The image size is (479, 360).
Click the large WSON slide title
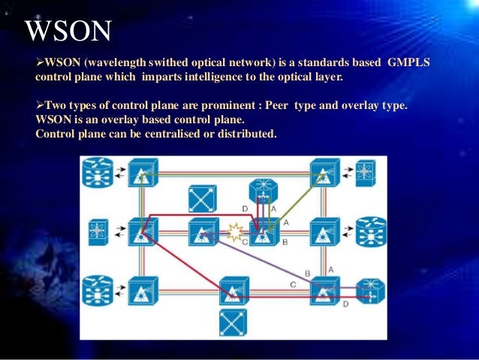point(68,31)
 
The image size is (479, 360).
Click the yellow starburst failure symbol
point(236,231)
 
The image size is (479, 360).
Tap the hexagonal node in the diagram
point(263,192)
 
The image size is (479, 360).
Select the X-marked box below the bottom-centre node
point(233,322)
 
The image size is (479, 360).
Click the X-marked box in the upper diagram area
point(203,198)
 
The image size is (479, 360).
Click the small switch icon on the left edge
point(98,231)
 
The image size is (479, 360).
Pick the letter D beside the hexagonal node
point(244,208)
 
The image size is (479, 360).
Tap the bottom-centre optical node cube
point(233,289)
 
